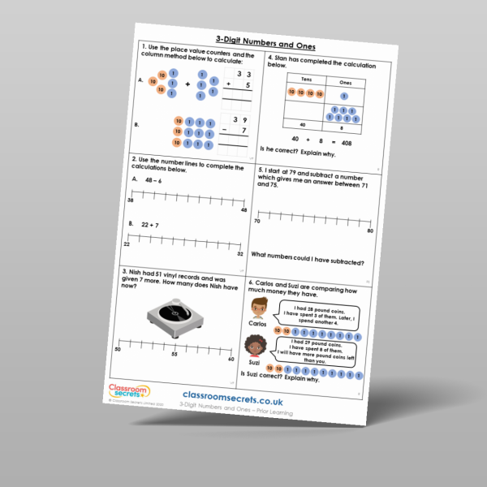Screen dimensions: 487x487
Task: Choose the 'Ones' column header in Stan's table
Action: pyautogui.click(x=344, y=83)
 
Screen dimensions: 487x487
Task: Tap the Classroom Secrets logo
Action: pyautogui.click(x=129, y=392)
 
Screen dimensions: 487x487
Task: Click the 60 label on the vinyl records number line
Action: pyautogui.click(x=231, y=360)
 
